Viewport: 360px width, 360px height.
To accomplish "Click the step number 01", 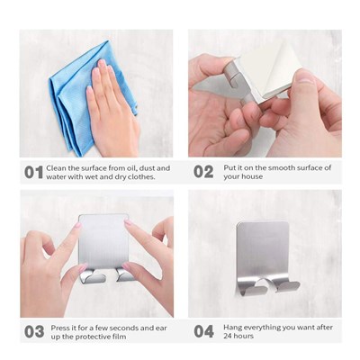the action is click(x=33, y=173).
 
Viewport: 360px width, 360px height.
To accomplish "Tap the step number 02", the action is click(x=203, y=172).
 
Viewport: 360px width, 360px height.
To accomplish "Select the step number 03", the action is click(x=34, y=332).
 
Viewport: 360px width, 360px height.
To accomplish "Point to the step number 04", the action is click(x=203, y=331).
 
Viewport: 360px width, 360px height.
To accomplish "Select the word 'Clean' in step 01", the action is click(x=56, y=168).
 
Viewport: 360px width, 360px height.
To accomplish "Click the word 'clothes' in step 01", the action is click(x=141, y=177).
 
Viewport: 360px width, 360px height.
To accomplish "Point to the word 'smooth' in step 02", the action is click(x=281, y=167).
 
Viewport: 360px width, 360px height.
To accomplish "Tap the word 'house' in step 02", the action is click(x=252, y=176).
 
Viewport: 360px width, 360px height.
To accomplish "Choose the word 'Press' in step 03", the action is click(x=61, y=328).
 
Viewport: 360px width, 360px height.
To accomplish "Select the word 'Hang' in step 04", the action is click(x=232, y=328).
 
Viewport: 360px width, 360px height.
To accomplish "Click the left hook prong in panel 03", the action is click(x=92, y=276).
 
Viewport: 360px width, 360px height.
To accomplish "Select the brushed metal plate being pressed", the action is click(x=103, y=240).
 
